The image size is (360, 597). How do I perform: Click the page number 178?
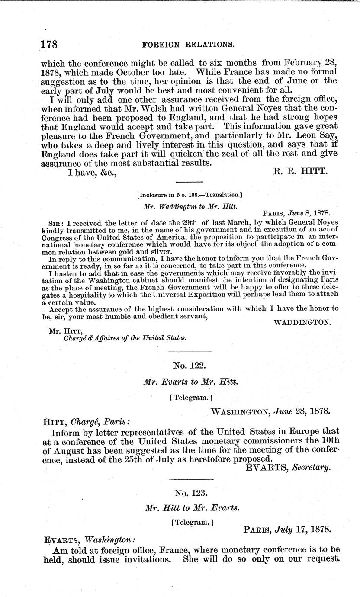(x=49, y=45)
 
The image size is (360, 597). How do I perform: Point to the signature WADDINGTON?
(x=303, y=322)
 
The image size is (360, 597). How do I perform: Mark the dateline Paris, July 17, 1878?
(x=287, y=529)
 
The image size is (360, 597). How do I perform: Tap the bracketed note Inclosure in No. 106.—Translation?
(x=190, y=195)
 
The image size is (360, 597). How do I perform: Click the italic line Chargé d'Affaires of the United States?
(x=125, y=338)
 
